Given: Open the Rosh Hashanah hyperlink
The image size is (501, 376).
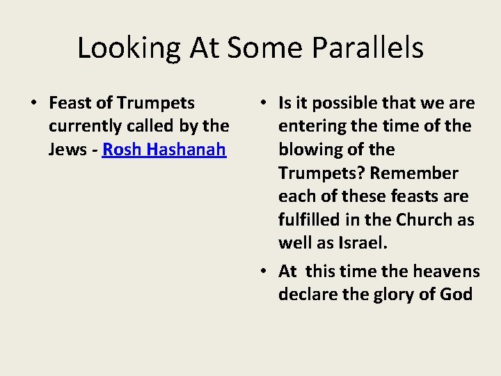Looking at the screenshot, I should [164, 150].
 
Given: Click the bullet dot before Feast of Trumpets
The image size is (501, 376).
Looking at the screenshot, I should [33, 104].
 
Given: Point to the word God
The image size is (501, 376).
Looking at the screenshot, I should [456, 295].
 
